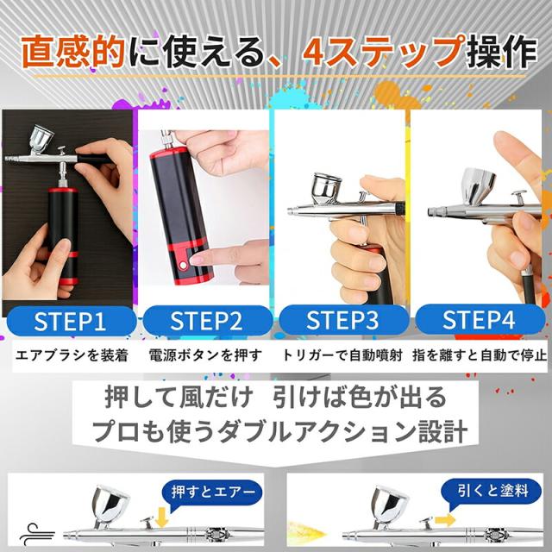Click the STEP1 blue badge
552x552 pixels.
click(x=72, y=321)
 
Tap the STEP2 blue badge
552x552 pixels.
click(x=208, y=321)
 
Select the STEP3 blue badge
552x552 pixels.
click(x=344, y=320)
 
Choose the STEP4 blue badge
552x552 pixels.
click(x=480, y=319)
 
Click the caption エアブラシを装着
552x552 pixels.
click(x=72, y=355)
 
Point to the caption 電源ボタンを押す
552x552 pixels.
click(x=205, y=355)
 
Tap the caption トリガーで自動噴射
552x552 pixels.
click(x=342, y=355)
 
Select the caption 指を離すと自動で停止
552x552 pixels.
click(x=480, y=355)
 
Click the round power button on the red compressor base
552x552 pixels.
click(x=182, y=265)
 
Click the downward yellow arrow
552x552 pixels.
click(x=161, y=517)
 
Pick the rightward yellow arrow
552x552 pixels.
click(x=445, y=520)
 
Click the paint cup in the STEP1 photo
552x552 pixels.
click(x=41, y=137)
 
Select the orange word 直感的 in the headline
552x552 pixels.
click(x=73, y=52)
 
